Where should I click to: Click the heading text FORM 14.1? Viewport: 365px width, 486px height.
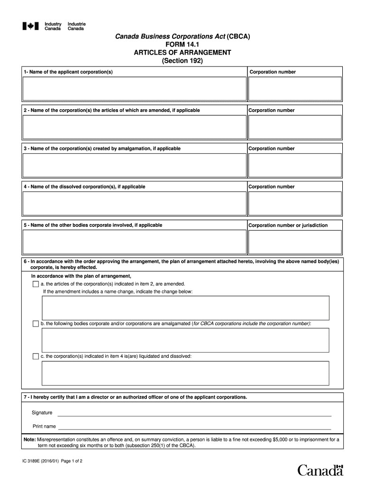tap(182, 44)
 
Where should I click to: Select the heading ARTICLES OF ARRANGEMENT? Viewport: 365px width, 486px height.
tap(182, 52)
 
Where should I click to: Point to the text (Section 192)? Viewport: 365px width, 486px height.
tap(182, 61)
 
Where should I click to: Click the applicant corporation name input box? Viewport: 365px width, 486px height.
tap(134, 89)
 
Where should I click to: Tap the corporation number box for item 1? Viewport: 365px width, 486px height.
tap(295, 89)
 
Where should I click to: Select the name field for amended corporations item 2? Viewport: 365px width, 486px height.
tap(134, 127)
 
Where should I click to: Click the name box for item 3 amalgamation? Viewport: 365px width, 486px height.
tap(134, 165)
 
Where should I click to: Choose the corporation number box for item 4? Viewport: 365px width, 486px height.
tap(295, 203)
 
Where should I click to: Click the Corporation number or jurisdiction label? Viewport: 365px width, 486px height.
tap(288, 225)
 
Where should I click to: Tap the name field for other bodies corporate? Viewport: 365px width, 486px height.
tap(134, 242)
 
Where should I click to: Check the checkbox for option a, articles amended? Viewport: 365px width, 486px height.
tap(36, 284)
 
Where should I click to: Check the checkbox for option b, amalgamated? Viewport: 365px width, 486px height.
tap(36, 324)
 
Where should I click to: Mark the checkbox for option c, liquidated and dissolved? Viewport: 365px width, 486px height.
tap(36, 356)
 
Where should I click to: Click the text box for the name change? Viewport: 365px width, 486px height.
tap(185, 308)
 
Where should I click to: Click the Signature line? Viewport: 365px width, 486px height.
tap(194, 413)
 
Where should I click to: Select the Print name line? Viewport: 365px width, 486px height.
tap(194, 426)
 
